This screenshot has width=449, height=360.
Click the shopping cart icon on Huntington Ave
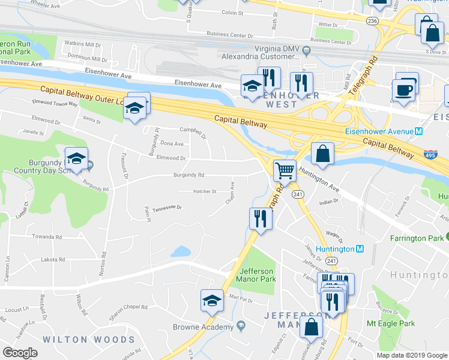pyautogui.click(x=285, y=171)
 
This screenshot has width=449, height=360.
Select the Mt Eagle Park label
pyautogui.click(x=391, y=323)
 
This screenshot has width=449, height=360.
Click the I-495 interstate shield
pyautogui.click(x=430, y=155)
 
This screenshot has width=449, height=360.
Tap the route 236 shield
pyautogui.click(x=373, y=21)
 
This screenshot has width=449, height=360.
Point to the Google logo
pyautogui.click(x=20, y=353)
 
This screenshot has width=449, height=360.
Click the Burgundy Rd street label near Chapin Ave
pyautogui.click(x=188, y=175)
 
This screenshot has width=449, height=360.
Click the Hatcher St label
pyautogui.click(x=205, y=191)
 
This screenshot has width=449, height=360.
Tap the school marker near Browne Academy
pyautogui.click(x=212, y=301)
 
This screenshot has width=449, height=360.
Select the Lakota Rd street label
pyautogui.click(x=53, y=260)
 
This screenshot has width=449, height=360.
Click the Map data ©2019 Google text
pyautogui.click(x=412, y=355)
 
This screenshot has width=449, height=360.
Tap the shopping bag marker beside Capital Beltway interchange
pyautogui.click(x=323, y=153)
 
